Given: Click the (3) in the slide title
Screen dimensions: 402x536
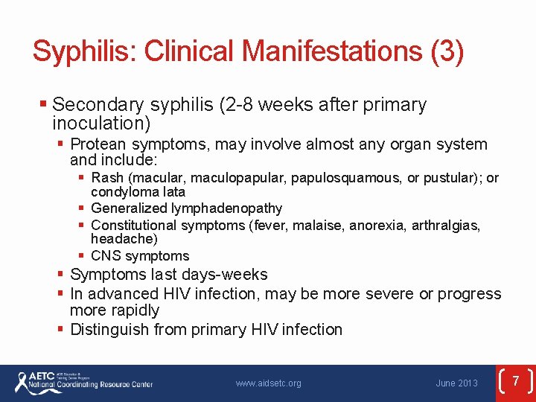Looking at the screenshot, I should pyautogui.click(x=447, y=51).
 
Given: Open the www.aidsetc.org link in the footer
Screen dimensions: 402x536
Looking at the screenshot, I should pyautogui.click(x=268, y=383).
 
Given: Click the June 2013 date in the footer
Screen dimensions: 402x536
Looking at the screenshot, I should pyautogui.click(x=456, y=383).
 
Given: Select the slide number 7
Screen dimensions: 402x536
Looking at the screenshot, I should pyautogui.click(x=514, y=381).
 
